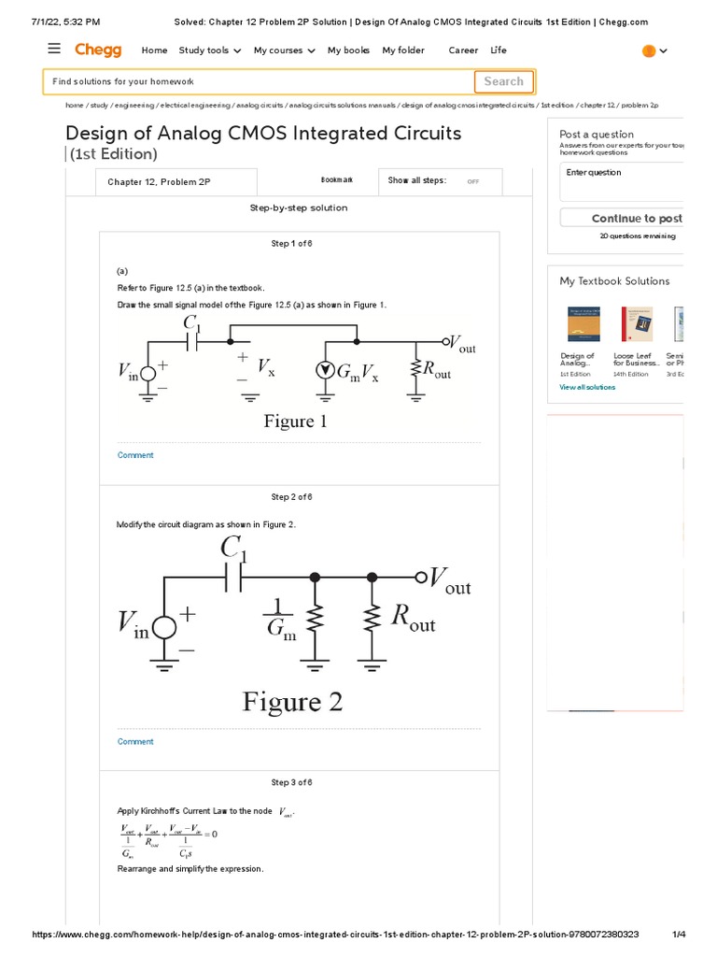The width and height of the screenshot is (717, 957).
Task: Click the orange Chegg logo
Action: [x=98, y=50]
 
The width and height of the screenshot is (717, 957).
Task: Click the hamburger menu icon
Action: [x=54, y=50]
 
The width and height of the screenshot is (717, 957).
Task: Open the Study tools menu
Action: [x=210, y=50]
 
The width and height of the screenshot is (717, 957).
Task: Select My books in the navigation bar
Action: [x=348, y=50]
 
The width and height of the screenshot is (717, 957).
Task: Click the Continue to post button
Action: [x=635, y=218]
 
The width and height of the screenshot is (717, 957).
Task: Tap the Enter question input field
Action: [x=621, y=182]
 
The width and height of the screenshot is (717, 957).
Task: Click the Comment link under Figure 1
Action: [x=135, y=455]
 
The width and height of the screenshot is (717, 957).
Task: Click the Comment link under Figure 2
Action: [x=135, y=741]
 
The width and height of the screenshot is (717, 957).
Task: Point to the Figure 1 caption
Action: [x=295, y=421]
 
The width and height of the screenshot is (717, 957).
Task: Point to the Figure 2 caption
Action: [x=292, y=701]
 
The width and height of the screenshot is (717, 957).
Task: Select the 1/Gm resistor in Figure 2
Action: [x=316, y=618]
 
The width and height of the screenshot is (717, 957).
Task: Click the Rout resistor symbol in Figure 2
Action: [x=373, y=618]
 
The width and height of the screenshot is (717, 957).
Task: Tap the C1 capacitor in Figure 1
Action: [x=193, y=342]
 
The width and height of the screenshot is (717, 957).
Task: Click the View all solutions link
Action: [x=587, y=387]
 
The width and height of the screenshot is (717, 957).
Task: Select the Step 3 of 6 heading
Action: [x=291, y=782]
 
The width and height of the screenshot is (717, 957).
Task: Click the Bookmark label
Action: [x=337, y=180]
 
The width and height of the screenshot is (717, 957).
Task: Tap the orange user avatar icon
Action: [x=649, y=51]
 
